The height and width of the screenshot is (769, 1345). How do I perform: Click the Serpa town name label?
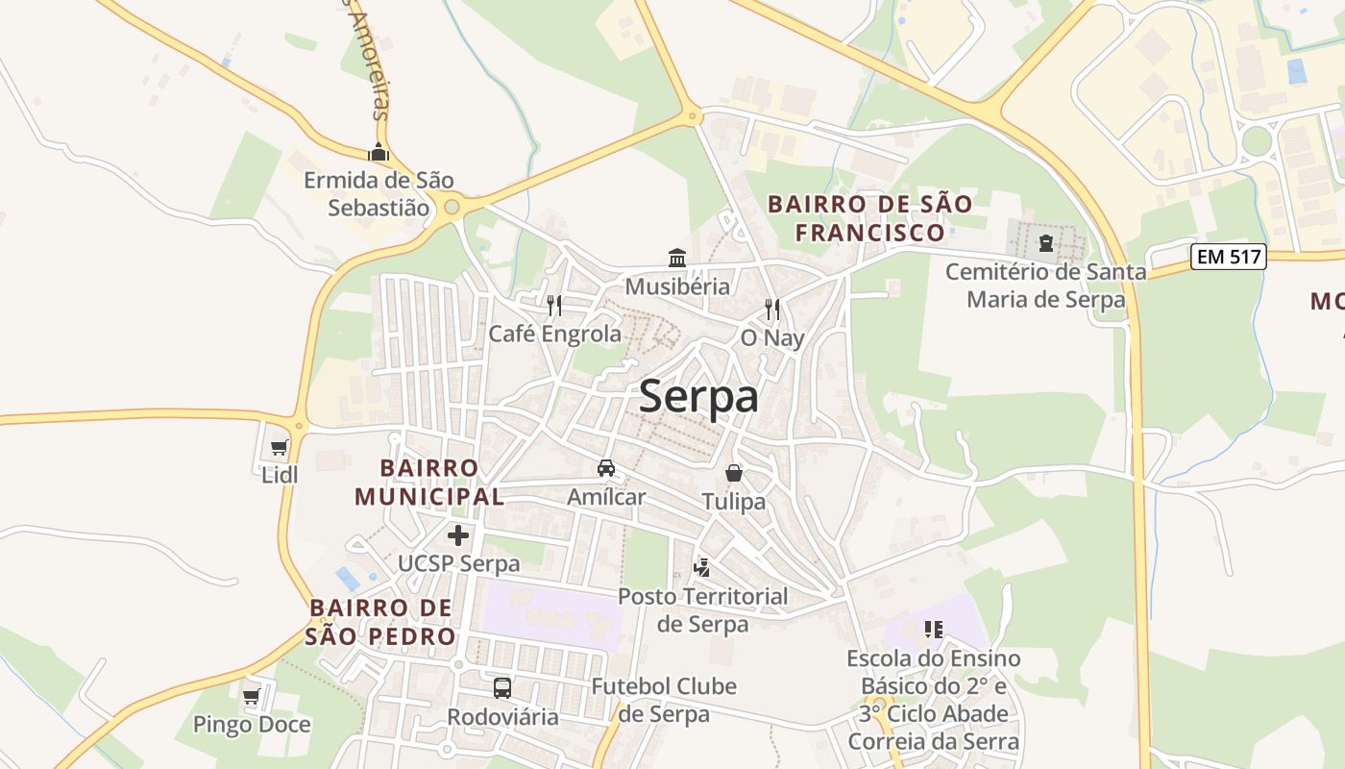pos(698,396)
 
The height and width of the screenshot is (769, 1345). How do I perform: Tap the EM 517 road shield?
pos(1229,257)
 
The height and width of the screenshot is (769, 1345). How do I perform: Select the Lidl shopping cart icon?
pos(280,447)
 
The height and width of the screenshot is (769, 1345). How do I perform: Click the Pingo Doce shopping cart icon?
pos(252,696)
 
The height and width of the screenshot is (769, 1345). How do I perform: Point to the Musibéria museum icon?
pos(677,258)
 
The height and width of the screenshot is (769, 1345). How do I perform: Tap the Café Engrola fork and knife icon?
pos(554,306)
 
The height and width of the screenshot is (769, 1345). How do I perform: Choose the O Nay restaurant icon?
pos(772,310)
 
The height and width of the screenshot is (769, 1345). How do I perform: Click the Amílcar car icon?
pos(606,468)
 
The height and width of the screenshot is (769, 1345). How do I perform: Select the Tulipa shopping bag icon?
pos(734,473)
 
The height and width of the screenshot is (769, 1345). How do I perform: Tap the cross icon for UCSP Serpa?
pos(458,535)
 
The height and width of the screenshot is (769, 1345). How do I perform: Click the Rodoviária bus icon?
pos(502,688)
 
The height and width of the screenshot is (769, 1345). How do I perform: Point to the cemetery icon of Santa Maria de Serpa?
pos(1046,243)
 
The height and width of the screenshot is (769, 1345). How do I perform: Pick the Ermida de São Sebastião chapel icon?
pos(379,152)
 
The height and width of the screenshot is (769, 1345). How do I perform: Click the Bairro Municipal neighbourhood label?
pos(429,482)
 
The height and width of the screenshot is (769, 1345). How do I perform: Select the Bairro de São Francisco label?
pos(870,218)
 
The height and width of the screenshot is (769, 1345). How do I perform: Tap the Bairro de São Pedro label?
pos(381,622)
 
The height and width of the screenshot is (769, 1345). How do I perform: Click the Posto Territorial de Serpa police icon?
pos(702,567)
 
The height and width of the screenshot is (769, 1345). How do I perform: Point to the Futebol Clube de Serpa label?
pos(664,700)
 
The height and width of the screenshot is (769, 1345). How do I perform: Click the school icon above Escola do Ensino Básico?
pos(933,630)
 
